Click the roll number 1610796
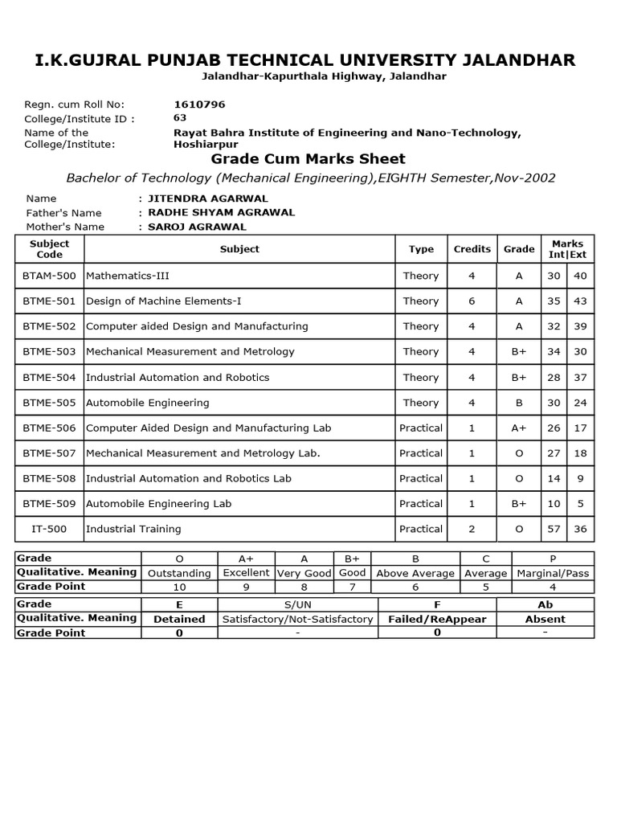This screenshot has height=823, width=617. (x=199, y=104)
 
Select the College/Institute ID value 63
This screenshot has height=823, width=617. (x=180, y=117)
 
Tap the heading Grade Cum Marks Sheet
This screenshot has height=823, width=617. (x=308, y=158)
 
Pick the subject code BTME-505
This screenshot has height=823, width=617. (x=49, y=403)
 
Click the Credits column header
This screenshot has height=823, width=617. (x=472, y=249)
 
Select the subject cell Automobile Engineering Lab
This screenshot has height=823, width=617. (x=158, y=504)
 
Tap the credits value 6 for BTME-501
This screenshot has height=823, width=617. (x=472, y=301)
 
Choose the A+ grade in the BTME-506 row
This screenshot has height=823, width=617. (x=519, y=428)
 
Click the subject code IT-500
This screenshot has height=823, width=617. (x=49, y=529)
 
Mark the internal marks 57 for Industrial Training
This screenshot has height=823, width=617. (x=554, y=529)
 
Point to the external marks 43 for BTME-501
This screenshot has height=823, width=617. (x=579, y=301)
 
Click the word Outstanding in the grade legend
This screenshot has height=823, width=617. (x=180, y=573)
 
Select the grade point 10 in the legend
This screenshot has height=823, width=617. (x=179, y=588)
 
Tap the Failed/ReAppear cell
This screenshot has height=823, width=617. (x=436, y=619)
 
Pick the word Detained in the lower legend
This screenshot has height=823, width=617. (x=179, y=619)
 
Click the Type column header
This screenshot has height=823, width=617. (x=421, y=249)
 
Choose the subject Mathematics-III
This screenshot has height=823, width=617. (x=127, y=276)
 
